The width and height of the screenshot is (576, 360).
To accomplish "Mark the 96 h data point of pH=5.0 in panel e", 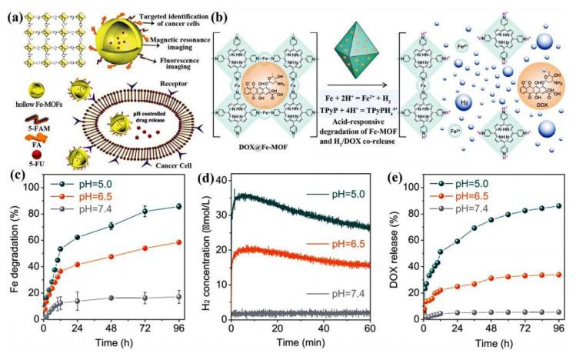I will click(558, 205).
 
